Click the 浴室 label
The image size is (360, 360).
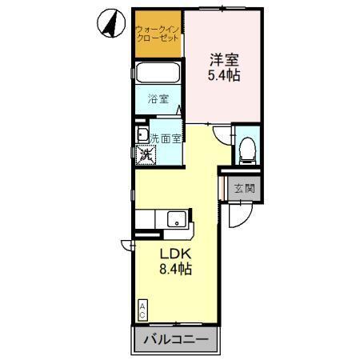[158, 99]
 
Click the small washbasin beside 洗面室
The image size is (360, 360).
[141, 134]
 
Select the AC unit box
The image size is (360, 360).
[142, 309]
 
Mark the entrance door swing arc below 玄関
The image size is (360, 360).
[238, 214]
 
